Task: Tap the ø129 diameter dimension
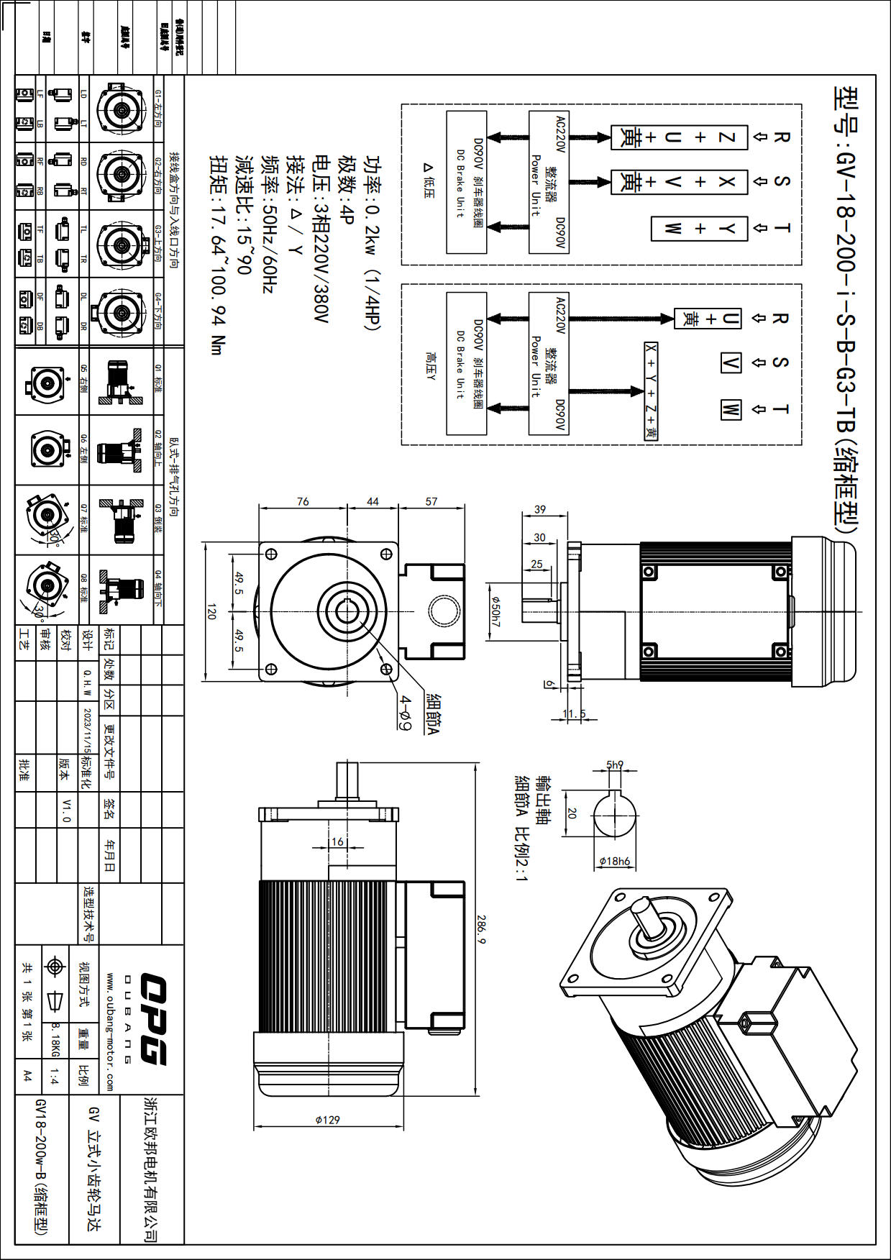327,1120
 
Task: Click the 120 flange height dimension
211,611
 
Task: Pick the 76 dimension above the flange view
303,501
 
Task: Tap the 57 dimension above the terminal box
431,501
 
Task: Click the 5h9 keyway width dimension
615,764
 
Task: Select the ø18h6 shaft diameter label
614,861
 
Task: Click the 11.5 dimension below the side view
574,713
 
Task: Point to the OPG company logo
152,1019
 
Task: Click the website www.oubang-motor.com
110,1031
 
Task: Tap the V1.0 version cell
66,810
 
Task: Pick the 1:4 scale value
55,1077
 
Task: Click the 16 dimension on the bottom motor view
337,841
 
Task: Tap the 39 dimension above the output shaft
540,509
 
